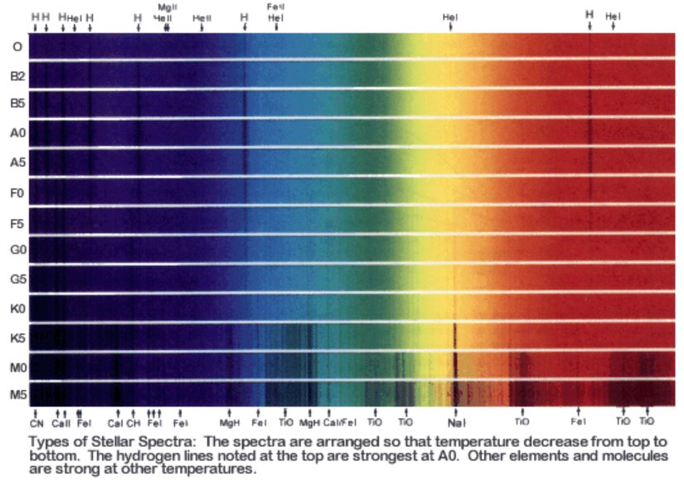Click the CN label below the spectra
[x=36, y=423]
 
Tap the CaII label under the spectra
[x=61, y=423]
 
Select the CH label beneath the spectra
[x=133, y=423]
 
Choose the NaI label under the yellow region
[x=457, y=423]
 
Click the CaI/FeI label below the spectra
[x=340, y=423]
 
